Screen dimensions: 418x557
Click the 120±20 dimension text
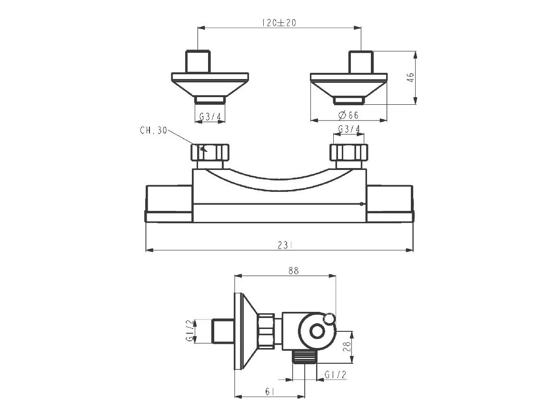(279, 22)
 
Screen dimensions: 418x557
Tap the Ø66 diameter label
(348, 115)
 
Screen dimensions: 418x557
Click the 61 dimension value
(269, 391)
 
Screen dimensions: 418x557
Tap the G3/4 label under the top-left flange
(209, 116)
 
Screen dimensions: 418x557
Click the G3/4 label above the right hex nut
(349, 129)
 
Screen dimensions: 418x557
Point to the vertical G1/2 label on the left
(190, 331)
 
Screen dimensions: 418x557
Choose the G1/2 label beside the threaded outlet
(335, 375)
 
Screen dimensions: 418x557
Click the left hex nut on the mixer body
(210, 153)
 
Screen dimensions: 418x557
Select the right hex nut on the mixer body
(349, 153)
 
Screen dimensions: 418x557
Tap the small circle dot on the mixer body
(362, 204)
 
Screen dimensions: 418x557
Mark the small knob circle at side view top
(329, 319)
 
